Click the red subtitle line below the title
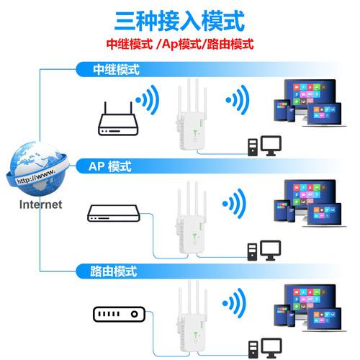coord(180,44)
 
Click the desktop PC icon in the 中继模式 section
coord(264,147)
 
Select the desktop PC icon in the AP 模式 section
coord(264,250)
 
